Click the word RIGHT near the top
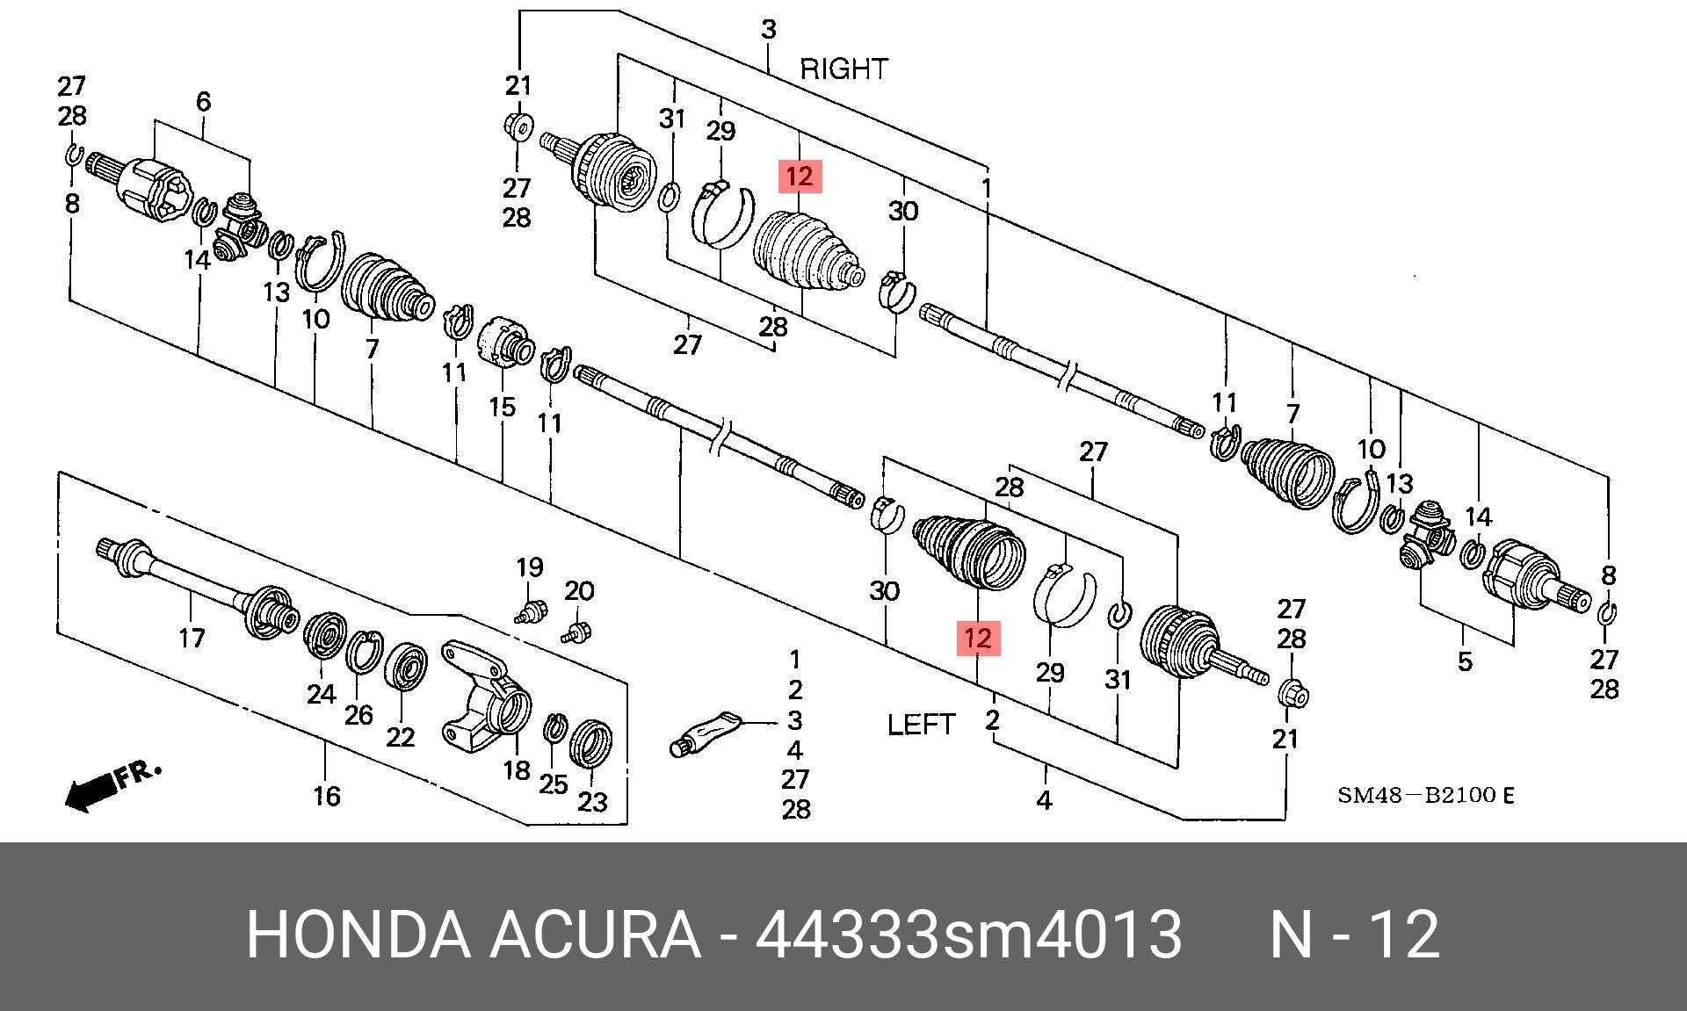click(x=843, y=69)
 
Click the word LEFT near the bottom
click(x=921, y=725)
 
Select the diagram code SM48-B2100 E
click(x=1425, y=796)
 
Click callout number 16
click(x=326, y=796)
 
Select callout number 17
click(x=192, y=638)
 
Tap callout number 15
click(x=502, y=407)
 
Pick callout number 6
click(x=203, y=102)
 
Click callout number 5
click(x=1464, y=661)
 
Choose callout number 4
click(x=1044, y=800)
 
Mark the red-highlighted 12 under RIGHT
click(x=800, y=177)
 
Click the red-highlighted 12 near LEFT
click(x=977, y=638)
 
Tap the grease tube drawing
click(x=708, y=732)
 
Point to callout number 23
click(x=592, y=801)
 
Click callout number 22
click(x=400, y=736)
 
